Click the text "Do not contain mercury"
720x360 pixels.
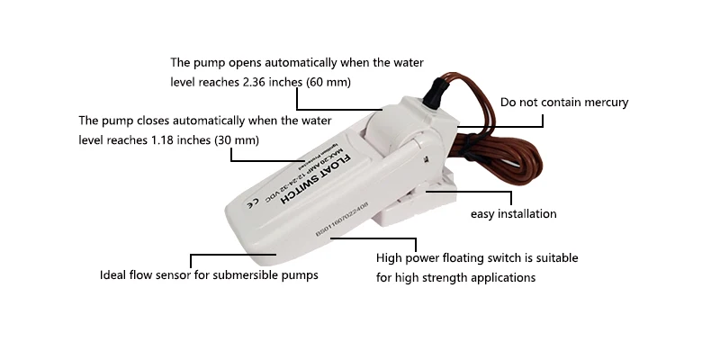(x=563, y=103)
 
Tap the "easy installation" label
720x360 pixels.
(x=514, y=214)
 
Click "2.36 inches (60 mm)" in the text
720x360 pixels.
(x=291, y=82)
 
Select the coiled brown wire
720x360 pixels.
(x=504, y=144)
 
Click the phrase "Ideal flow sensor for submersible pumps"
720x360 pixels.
(x=209, y=274)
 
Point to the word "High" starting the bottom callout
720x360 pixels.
(x=391, y=258)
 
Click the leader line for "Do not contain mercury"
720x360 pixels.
(x=504, y=115)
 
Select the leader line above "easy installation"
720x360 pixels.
(x=486, y=191)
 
